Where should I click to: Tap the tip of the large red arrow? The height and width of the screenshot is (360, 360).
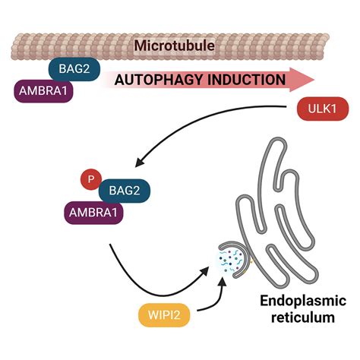click(x=312, y=77)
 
